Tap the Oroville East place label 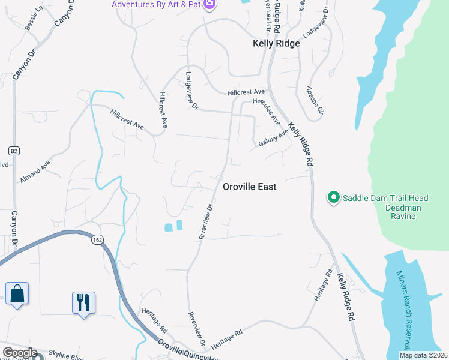(x=250, y=187)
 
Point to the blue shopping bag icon (x=17, y=294)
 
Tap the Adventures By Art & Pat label (x=156, y=5)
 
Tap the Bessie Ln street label (x=34, y=19)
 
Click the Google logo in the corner (x=19, y=353)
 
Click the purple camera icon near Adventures (x=209, y=5)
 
